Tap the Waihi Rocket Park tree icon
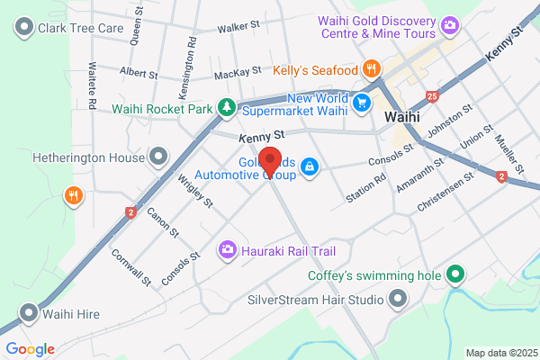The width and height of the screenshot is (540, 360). tap(227, 109)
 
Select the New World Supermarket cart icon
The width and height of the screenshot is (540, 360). tap(362, 103)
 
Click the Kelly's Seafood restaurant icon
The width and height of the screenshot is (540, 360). tap(370, 68)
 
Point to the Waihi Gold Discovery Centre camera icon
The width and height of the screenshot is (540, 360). tap(448, 27)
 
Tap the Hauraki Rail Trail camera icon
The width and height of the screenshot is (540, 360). tap(228, 248)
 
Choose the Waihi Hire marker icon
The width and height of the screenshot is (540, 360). tap(30, 314)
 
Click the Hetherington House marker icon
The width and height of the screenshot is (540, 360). tap(159, 157)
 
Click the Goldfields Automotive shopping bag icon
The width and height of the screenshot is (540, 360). tap(309, 166)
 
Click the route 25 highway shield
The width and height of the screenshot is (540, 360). tap(434, 94)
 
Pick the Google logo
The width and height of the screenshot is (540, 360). tap(30, 349)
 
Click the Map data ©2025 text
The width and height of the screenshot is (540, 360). tap(500, 353)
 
